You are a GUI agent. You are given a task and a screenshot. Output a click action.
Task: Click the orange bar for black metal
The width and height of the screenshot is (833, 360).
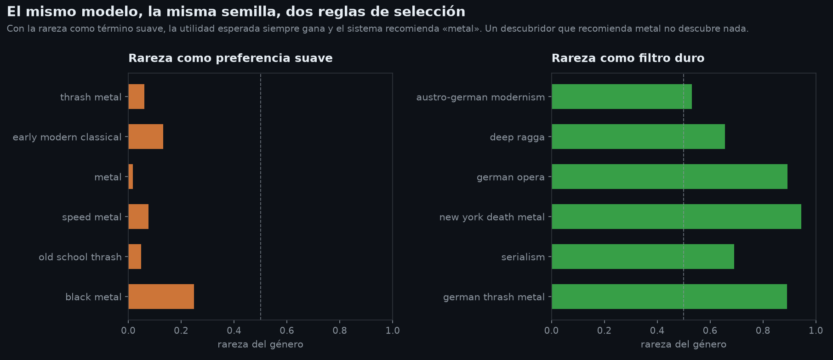click(161, 297)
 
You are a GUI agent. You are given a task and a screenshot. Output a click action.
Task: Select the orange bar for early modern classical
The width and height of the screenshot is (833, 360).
click(146, 137)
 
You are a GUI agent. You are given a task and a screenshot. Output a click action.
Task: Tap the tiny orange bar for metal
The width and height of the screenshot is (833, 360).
click(131, 177)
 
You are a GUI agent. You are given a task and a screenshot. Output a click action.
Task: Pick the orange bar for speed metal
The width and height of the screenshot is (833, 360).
click(138, 217)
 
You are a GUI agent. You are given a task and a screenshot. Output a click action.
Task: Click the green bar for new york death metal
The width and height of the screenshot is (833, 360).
click(676, 217)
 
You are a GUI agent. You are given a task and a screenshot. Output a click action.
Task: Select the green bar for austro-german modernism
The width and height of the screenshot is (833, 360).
click(622, 97)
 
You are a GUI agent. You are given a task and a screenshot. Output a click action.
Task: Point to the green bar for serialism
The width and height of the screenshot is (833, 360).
click(643, 257)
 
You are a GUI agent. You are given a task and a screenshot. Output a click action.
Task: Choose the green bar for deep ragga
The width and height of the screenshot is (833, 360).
click(638, 137)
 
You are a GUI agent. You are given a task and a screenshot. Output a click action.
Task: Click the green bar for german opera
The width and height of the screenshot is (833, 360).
click(669, 177)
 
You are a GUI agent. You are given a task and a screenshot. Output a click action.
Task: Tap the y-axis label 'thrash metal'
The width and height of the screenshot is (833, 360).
click(91, 97)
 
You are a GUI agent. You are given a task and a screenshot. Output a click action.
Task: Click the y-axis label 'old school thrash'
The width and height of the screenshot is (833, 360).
click(80, 257)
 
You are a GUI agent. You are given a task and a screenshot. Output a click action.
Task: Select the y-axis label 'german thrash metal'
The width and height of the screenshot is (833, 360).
click(494, 297)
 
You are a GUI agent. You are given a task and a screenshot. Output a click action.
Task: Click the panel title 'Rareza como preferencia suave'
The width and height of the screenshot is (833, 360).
click(230, 58)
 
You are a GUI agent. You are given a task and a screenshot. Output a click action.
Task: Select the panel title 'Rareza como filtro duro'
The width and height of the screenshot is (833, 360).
click(628, 58)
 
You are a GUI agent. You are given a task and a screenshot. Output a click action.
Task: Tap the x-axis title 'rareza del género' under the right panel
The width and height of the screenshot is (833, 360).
click(684, 344)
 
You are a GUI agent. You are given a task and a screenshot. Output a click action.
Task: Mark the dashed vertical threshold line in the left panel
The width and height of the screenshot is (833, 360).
click(261, 196)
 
